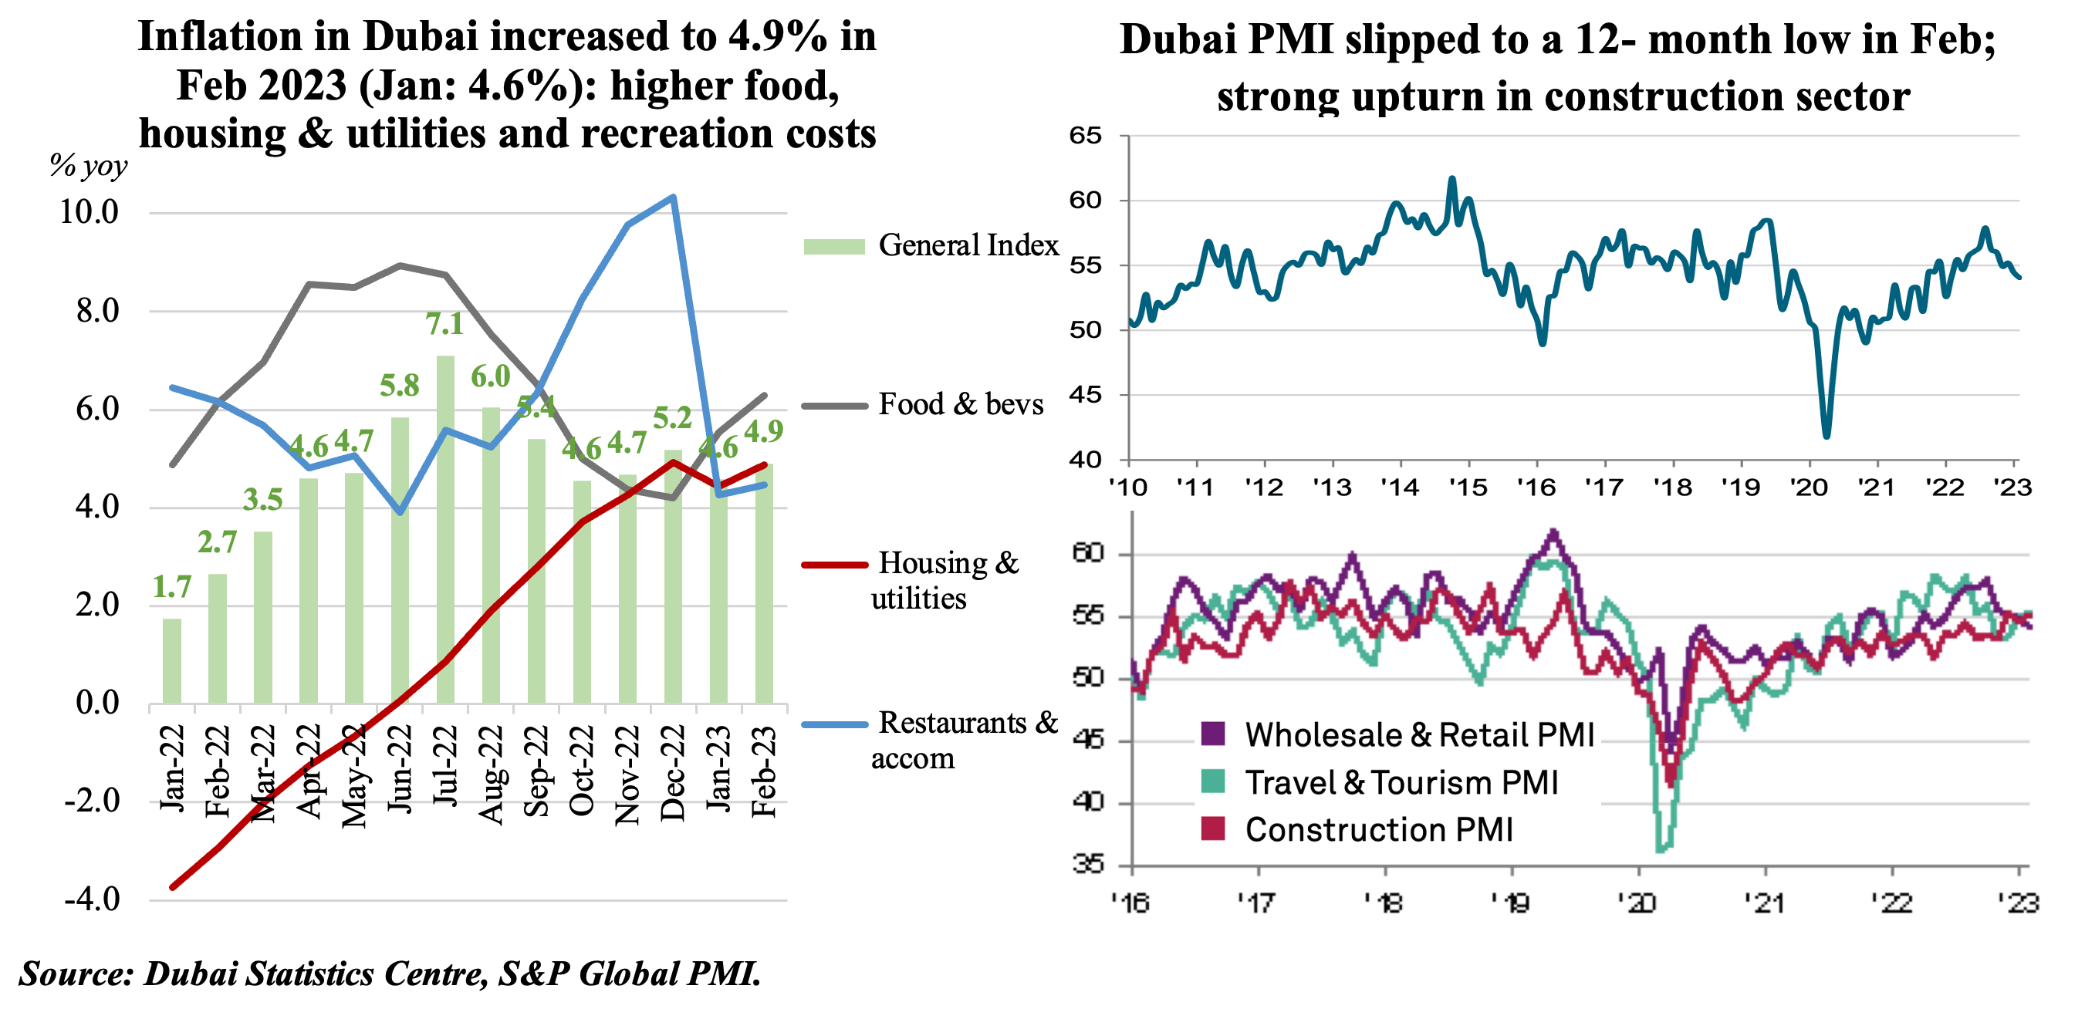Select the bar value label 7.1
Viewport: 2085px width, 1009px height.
[444, 324]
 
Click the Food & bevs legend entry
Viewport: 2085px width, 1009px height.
[960, 403]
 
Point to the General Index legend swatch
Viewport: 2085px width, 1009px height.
[833, 246]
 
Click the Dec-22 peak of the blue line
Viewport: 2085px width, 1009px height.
[674, 197]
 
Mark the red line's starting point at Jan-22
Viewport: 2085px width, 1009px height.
[172, 887]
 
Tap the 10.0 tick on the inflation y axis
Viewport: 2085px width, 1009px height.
[89, 212]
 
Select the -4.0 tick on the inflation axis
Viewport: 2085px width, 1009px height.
[93, 899]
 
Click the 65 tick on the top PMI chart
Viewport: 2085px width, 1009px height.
[1086, 135]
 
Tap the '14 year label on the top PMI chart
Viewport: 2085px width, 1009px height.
[1400, 488]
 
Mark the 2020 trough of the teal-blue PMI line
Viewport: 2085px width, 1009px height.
[1825, 435]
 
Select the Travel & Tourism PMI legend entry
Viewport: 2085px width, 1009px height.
[1401, 782]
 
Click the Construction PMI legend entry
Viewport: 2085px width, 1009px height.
[1377, 830]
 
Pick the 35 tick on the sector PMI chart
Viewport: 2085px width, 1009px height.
[1089, 865]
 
